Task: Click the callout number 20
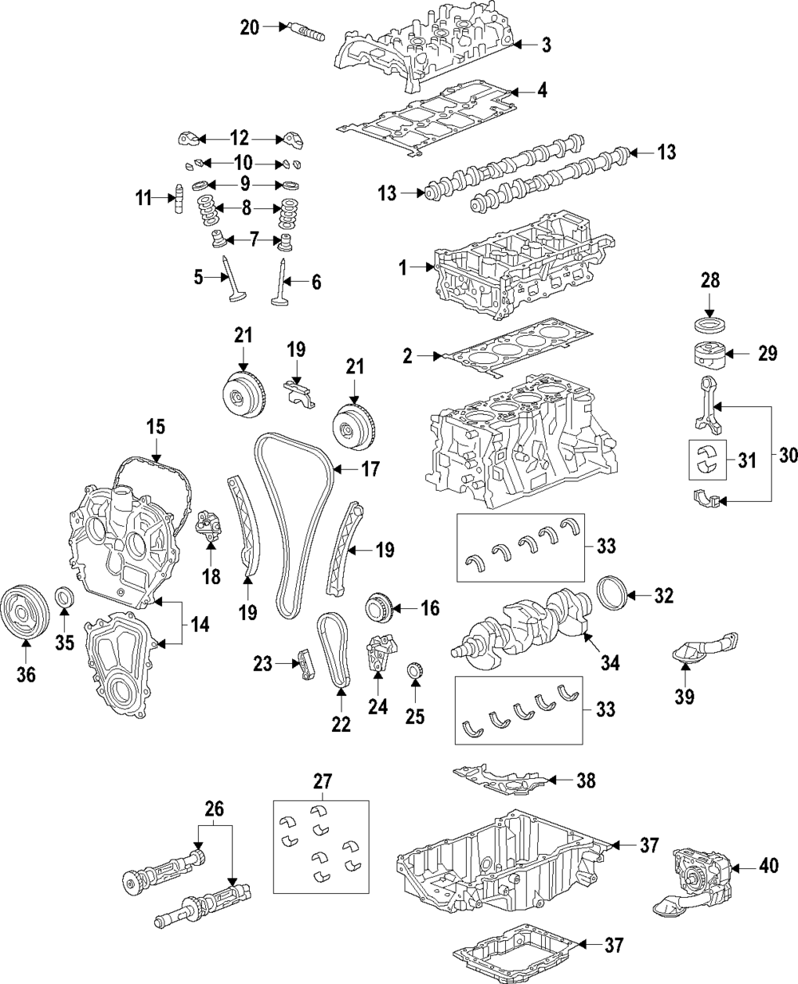[250, 27]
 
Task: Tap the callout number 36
[26, 674]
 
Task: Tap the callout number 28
[710, 280]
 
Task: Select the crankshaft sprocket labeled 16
[381, 609]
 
